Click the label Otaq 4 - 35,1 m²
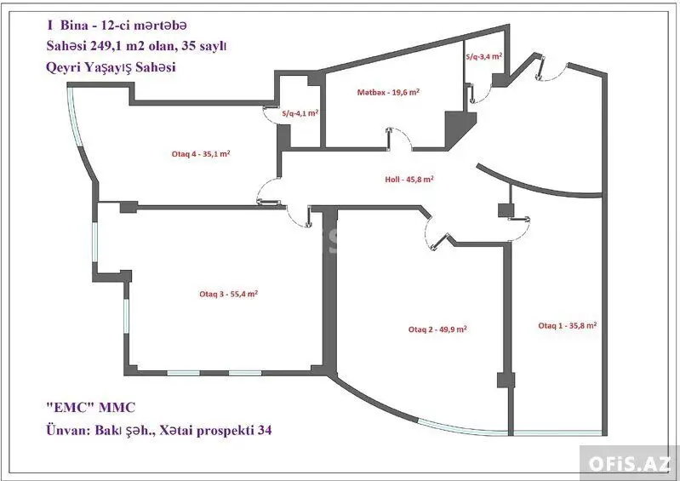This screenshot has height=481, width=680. click(201, 154)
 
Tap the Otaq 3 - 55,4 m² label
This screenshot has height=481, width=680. click(229, 294)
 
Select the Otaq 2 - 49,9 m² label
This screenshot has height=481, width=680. click(437, 329)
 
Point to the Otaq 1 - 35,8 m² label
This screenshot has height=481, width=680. click(568, 326)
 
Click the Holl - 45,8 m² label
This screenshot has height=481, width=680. click(409, 179)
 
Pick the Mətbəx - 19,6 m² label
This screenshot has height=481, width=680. click(388, 93)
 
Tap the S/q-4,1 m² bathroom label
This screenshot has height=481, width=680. click(300, 113)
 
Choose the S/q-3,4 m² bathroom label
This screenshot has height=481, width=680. click(484, 56)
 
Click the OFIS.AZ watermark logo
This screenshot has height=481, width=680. click(630, 464)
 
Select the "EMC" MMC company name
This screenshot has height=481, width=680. click(90, 407)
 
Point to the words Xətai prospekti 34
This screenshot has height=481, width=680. click(215, 430)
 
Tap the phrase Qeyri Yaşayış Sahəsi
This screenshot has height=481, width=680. click(111, 67)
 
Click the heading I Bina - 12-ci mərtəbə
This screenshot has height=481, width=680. click(117, 26)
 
